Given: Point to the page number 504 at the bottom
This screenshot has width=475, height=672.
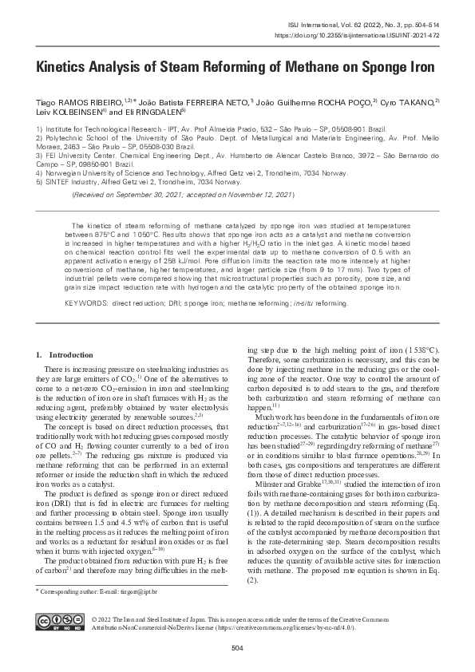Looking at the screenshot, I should (237, 646).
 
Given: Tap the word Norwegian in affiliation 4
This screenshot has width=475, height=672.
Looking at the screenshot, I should (65, 173).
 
